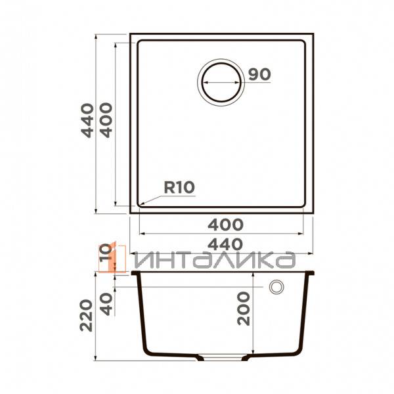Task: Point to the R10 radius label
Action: [x=179, y=187]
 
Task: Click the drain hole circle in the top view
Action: [x=221, y=83]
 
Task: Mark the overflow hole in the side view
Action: [x=276, y=288]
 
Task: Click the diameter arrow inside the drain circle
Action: [x=221, y=84]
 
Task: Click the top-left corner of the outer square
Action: [x=130, y=33]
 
